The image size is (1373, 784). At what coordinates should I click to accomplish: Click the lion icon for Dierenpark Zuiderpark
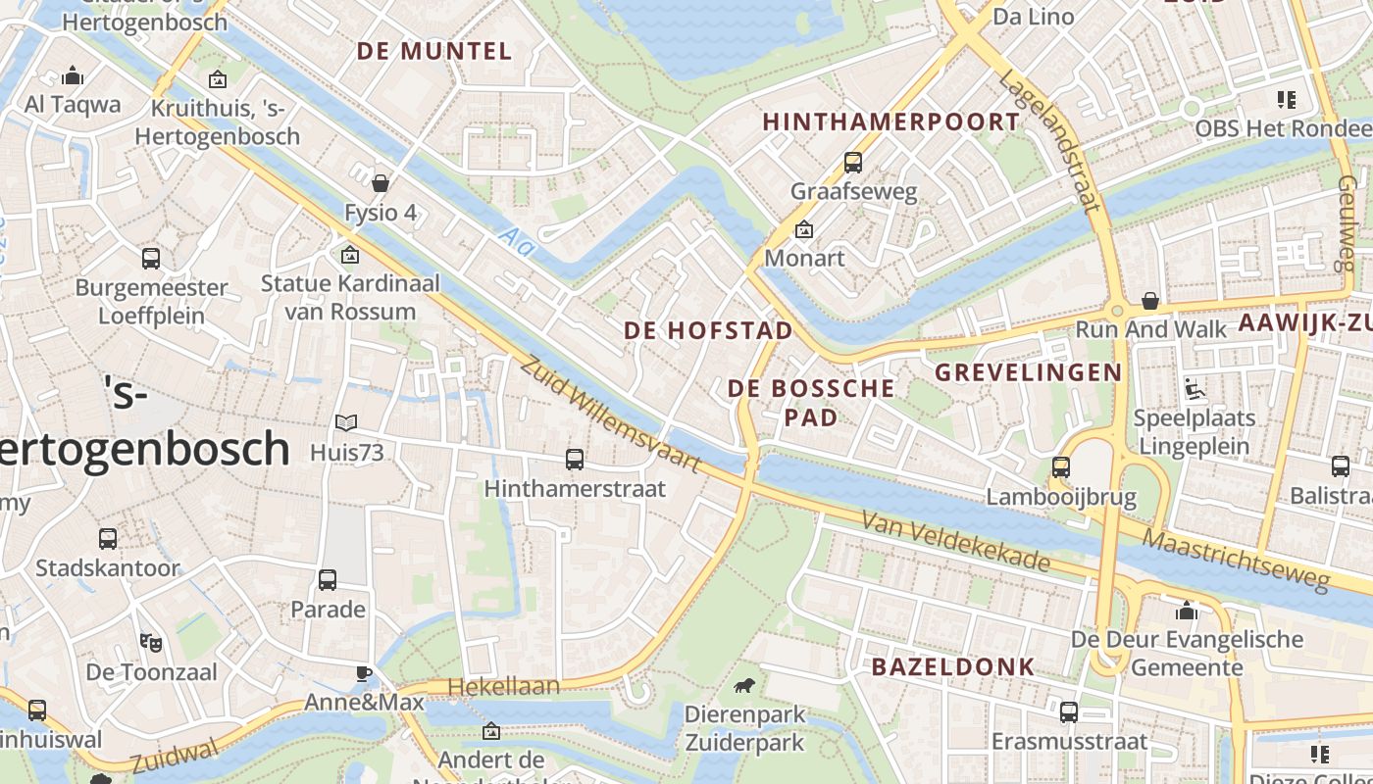[x=744, y=685]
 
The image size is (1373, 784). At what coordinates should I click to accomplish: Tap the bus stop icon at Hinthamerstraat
[x=575, y=459]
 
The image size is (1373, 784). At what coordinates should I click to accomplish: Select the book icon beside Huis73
[x=346, y=422]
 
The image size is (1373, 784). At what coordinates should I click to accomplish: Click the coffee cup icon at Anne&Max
[x=364, y=673]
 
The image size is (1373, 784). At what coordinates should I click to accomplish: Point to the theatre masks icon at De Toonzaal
[x=150, y=643]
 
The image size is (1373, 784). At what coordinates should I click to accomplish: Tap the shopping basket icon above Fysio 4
[x=381, y=183]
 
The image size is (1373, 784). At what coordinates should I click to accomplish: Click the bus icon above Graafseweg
[x=853, y=162]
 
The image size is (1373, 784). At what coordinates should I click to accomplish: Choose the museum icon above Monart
[x=804, y=230]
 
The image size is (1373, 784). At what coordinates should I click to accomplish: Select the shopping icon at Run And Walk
[x=1149, y=300]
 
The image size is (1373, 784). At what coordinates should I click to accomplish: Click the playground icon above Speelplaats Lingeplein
[x=1194, y=389]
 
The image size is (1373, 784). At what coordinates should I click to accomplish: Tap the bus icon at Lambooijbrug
[x=1060, y=467]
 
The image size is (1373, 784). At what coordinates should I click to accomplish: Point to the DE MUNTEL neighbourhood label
[x=434, y=51]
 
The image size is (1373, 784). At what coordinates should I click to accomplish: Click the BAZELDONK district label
[x=953, y=667]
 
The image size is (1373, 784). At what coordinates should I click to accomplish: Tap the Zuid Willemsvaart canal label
[x=609, y=415]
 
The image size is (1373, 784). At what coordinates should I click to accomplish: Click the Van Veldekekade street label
[x=955, y=544]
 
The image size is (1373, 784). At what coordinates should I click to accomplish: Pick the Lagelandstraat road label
[x=1049, y=140]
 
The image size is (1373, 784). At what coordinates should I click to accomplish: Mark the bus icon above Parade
[x=328, y=580]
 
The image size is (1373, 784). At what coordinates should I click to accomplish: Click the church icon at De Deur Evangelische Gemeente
[x=1187, y=612]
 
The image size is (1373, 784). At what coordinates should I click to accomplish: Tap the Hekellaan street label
[x=504, y=687]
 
